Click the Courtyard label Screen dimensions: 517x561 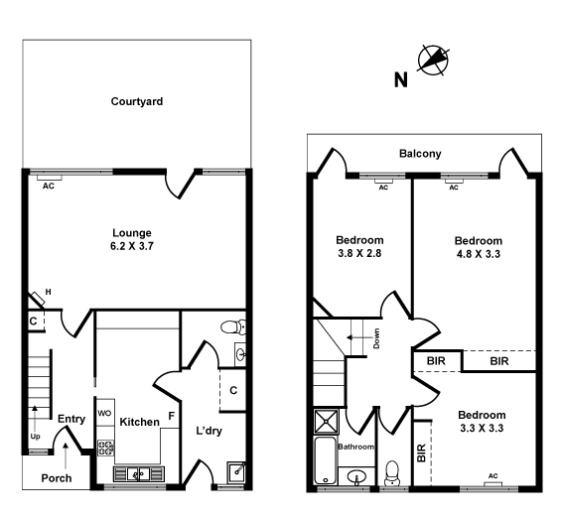pos(137,101)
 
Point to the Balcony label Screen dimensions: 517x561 pos(420,154)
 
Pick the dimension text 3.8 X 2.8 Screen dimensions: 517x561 pos(358,254)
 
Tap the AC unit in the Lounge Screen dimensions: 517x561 pos(47,183)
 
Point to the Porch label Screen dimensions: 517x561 pos(56,478)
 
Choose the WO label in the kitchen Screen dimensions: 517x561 pos(104,413)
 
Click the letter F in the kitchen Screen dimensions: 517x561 pos(171,416)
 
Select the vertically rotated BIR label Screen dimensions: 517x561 pos(422,453)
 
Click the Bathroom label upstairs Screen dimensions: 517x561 pos(355,448)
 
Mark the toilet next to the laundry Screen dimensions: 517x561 pos(231,326)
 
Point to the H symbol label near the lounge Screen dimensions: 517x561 pos(47,292)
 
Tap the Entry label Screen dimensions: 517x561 pos(70,419)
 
